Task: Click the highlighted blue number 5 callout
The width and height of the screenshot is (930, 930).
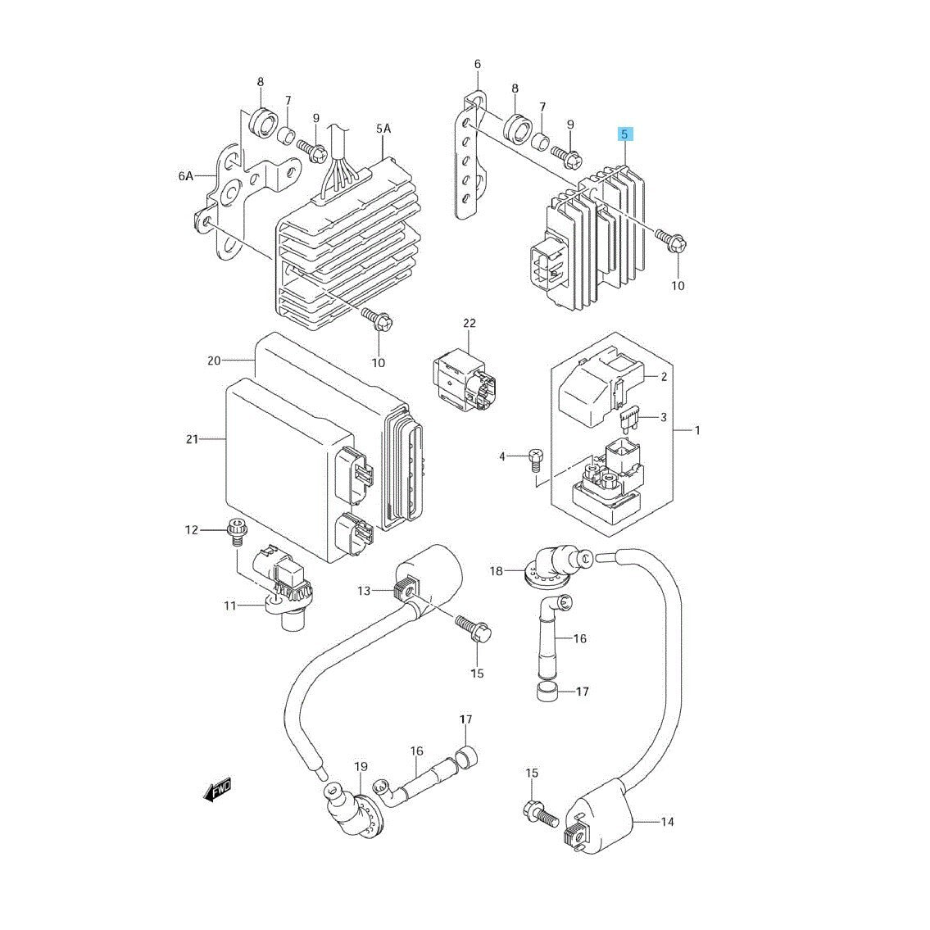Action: pyautogui.click(x=624, y=134)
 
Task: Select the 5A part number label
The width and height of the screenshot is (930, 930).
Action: pyautogui.click(x=383, y=129)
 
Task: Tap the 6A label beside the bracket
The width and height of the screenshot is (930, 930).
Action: pyautogui.click(x=186, y=175)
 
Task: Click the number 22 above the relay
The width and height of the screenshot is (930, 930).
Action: pyautogui.click(x=469, y=323)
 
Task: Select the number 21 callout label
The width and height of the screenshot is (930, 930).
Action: pyautogui.click(x=192, y=440)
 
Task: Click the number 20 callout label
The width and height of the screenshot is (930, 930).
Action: pyautogui.click(x=214, y=361)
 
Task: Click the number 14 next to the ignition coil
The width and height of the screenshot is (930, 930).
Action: pyautogui.click(x=668, y=821)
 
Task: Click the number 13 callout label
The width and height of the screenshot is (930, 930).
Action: pyautogui.click(x=364, y=591)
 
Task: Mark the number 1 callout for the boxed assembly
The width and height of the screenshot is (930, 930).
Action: pyautogui.click(x=697, y=429)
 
